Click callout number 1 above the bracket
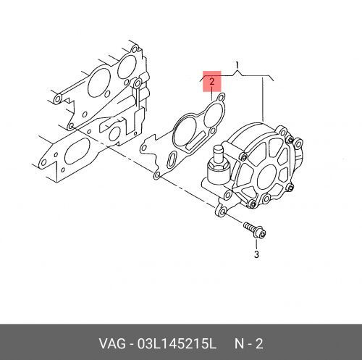(x=237, y=64)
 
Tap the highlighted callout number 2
(x=212, y=82)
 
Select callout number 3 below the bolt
(x=256, y=254)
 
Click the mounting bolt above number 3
(x=255, y=230)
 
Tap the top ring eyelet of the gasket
(x=221, y=99)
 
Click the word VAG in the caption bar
(x=112, y=343)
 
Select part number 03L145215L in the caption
(x=176, y=343)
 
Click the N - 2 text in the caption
(x=248, y=343)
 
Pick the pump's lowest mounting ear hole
(x=222, y=212)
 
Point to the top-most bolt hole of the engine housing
(x=134, y=50)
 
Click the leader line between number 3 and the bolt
(x=256, y=244)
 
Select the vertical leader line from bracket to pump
(x=263, y=99)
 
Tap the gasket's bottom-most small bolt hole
(x=157, y=175)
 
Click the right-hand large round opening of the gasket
(x=212, y=116)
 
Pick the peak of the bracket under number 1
(x=237, y=70)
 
